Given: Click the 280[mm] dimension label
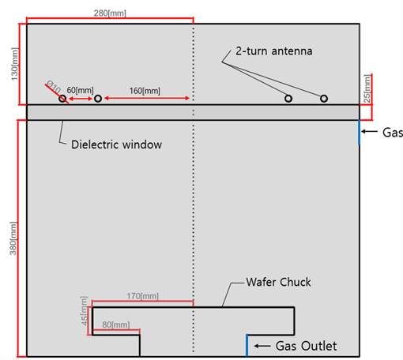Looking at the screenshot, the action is pyautogui.click(x=110, y=13).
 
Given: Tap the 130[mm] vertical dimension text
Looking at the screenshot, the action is pyautogui.click(x=15, y=64).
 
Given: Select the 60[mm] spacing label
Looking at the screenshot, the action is pyautogui.click(x=80, y=90).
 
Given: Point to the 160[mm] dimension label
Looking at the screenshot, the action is pyautogui.click(x=145, y=91).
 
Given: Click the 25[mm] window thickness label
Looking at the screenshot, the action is pyautogui.click(x=367, y=88).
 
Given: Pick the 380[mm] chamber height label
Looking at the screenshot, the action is pyautogui.click(x=13, y=238).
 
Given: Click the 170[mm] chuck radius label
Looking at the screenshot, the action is pyautogui.click(x=142, y=296).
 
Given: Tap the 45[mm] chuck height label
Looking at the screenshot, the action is pyautogui.click(x=84, y=311).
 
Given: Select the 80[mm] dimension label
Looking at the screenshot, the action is pyautogui.click(x=116, y=324).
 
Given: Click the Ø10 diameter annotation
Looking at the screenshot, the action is pyautogui.click(x=54, y=86).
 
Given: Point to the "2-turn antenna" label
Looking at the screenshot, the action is pyautogui.click(x=274, y=51).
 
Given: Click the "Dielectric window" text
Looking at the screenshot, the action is pyautogui.click(x=116, y=144).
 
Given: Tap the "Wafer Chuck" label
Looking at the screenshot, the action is pyautogui.click(x=278, y=282).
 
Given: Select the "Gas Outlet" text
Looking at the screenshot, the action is pyautogui.click(x=306, y=346).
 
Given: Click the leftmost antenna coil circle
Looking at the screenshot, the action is pyautogui.click(x=62, y=99).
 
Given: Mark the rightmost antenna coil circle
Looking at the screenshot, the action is pyautogui.click(x=324, y=99).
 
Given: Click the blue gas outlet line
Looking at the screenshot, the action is pyautogui.click(x=247, y=345).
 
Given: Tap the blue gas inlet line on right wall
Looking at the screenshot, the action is pyautogui.click(x=359, y=133).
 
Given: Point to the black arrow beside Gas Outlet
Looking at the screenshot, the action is pyautogui.click(x=262, y=346).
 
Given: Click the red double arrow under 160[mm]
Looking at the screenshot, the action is pyautogui.click(x=147, y=98).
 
